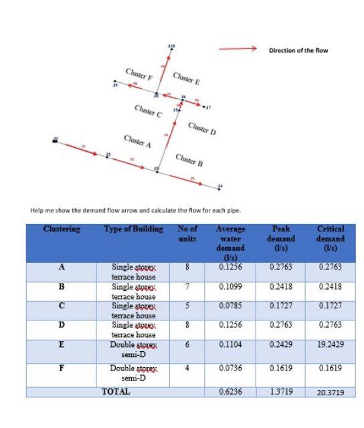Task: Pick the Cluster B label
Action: click(x=189, y=160)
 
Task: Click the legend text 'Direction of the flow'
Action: click(x=298, y=50)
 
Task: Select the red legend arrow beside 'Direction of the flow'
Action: click(x=238, y=48)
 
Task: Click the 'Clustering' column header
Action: click(x=62, y=229)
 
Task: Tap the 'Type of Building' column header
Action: click(x=134, y=229)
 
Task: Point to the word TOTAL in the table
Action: click(x=115, y=391)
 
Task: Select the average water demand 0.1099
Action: click(x=230, y=286)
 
